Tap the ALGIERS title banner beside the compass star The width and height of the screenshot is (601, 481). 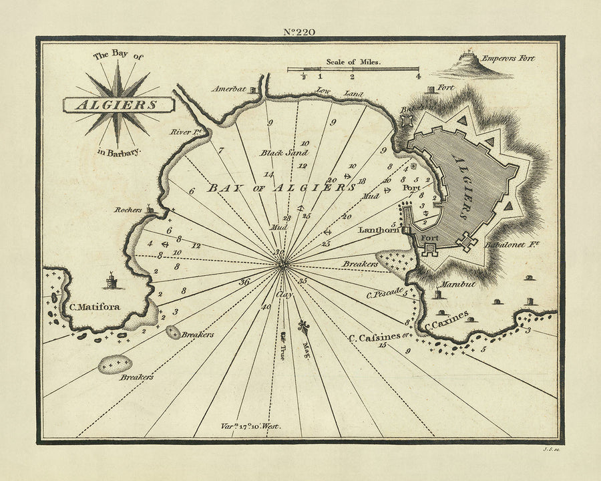pyautogui.click(x=117, y=105)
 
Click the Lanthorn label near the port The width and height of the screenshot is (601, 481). pyautogui.click(x=379, y=230)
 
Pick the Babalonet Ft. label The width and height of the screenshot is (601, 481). pyautogui.click(x=511, y=245)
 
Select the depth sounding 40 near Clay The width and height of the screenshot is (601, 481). pyautogui.click(x=266, y=307)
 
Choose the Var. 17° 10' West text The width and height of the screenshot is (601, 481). pyautogui.click(x=250, y=425)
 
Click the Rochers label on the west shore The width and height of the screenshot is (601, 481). pyautogui.click(x=128, y=210)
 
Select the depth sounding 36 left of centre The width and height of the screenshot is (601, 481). pyautogui.click(x=244, y=282)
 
